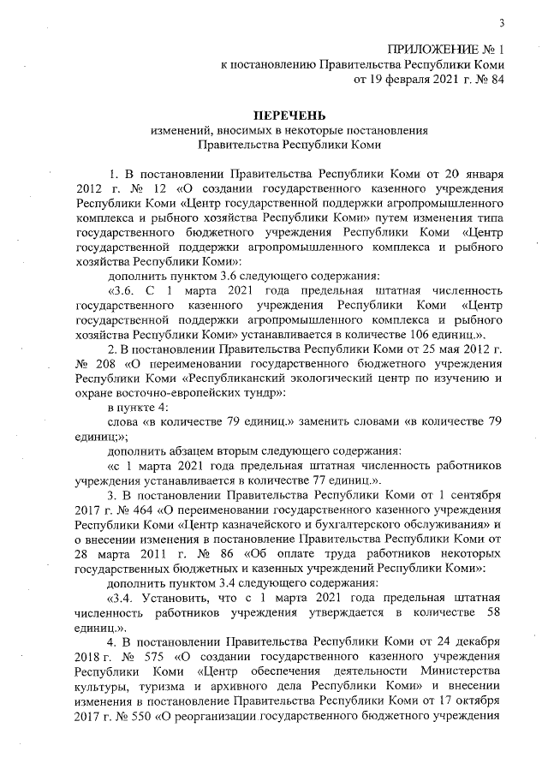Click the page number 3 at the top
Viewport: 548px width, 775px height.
coord(502,23)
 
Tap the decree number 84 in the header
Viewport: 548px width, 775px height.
coord(495,80)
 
